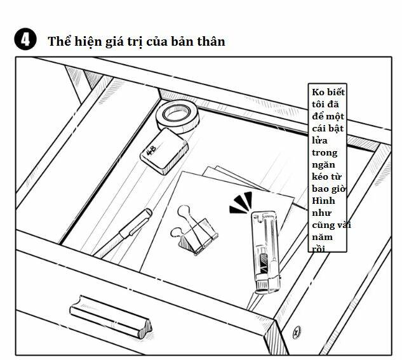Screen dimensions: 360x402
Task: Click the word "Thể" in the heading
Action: tap(58, 42)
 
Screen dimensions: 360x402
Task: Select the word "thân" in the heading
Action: tap(210, 42)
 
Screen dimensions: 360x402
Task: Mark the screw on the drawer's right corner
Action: tap(296, 332)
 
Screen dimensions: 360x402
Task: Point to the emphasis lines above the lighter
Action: tap(242, 201)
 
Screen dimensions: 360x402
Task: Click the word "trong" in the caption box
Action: tap(325, 153)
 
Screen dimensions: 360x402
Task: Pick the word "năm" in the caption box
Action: tap(323, 237)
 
